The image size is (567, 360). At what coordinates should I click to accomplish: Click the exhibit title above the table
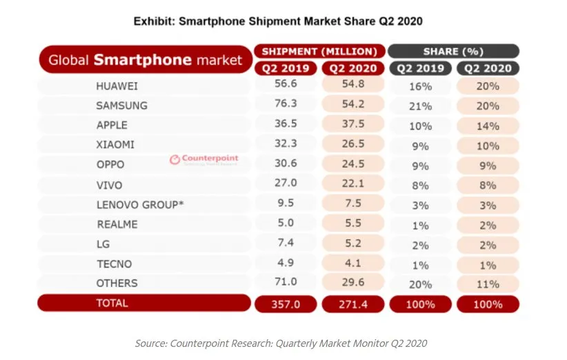pos(278,21)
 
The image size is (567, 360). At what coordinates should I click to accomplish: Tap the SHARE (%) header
pos(453,51)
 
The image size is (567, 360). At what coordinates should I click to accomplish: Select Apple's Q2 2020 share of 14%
pos(487,126)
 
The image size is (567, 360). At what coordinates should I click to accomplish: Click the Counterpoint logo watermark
pos(204,159)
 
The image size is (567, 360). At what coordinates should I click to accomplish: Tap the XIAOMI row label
pos(116,145)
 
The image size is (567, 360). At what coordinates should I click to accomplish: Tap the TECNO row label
pos(115,263)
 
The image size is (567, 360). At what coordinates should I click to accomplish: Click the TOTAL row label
pos(113,303)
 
